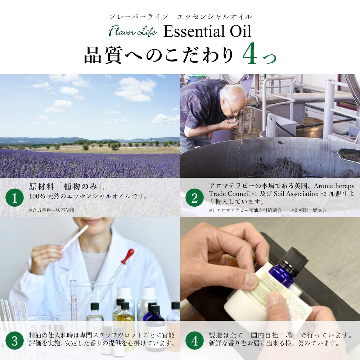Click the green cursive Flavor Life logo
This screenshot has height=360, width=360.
[x=133, y=31]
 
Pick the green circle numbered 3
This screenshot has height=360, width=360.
[x=14, y=341]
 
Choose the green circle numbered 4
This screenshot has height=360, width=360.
[x=194, y=341]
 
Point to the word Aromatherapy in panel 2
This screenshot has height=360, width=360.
[x=334, y=186]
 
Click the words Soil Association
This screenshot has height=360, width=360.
[x=296, y=194]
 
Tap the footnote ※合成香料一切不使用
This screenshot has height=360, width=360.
[x=51, y=210]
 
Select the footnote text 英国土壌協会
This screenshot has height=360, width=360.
[x=312, y=210]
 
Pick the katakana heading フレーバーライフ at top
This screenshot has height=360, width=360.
[x=139, y=17]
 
